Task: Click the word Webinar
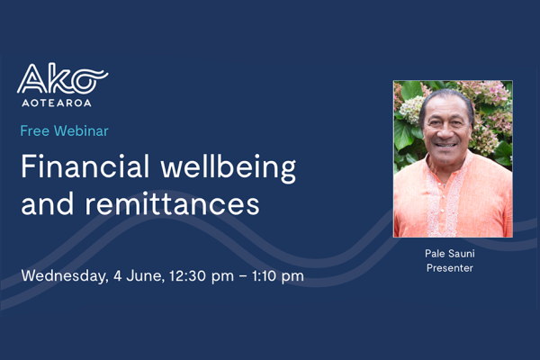81,131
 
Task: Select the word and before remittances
46,202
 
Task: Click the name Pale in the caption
437,256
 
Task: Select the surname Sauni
465,256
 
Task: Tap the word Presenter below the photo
453,269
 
